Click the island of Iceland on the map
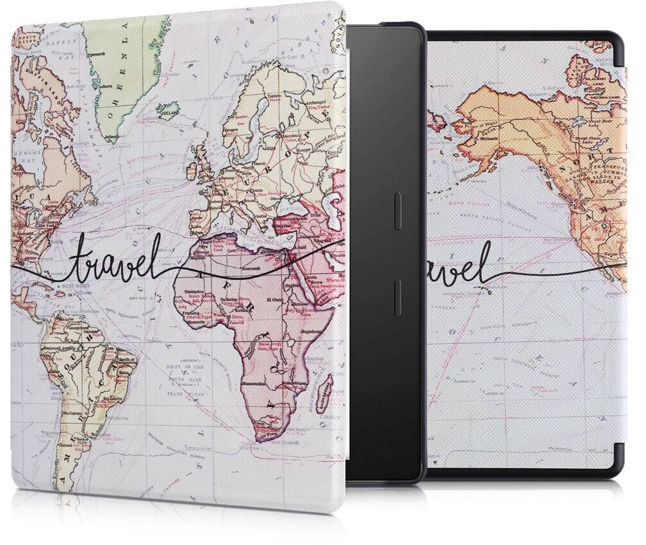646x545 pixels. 169,110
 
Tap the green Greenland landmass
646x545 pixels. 122,77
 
